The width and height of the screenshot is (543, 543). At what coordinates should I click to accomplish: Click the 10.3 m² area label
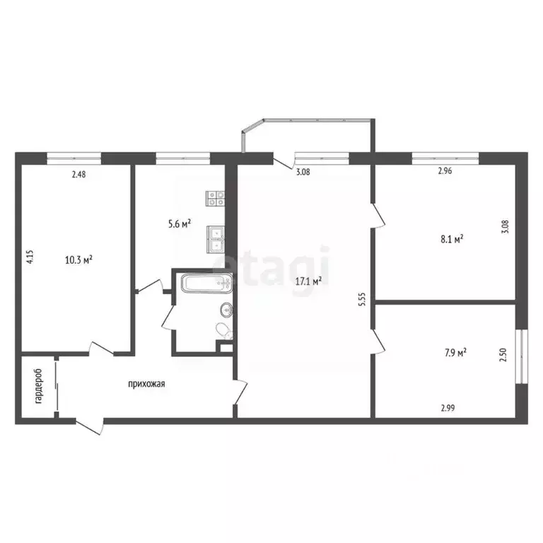(78, 259)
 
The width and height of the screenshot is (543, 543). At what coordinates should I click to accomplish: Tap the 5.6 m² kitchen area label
(180, 224)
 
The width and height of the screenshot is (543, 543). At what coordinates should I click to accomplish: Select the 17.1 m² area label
(308, 281)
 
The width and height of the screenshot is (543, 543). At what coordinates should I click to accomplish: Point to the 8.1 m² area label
(452, 239)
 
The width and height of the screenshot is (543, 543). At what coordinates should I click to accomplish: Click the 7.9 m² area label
(455, 353)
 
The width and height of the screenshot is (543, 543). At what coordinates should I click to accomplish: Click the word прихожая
(146, 384)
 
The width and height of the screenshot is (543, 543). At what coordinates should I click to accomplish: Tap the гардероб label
(38, 386)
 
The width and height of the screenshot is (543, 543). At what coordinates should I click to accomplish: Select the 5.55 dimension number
(362, 300)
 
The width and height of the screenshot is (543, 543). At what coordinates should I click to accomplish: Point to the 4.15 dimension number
(30, 257)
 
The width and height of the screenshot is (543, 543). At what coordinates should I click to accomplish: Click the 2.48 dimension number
(78, 175)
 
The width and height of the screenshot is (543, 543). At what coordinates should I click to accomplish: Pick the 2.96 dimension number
(445, 170)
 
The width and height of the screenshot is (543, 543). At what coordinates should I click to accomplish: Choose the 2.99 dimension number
(448, 408)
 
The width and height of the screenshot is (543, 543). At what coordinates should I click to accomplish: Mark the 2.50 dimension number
(503, 355)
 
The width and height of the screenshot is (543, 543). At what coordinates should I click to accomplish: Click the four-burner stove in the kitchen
(215, 199)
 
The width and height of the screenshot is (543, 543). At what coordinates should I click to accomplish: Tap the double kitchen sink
(216, 239)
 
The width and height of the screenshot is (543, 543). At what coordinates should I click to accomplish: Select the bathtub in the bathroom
(206, 284)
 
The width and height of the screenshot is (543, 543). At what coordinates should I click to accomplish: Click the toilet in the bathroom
(224, 331)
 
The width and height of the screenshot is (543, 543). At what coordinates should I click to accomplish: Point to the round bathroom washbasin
(226, 309)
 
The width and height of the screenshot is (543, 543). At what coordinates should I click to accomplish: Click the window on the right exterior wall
(522, 356)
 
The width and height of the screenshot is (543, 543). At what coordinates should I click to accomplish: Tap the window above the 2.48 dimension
(74, 158)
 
